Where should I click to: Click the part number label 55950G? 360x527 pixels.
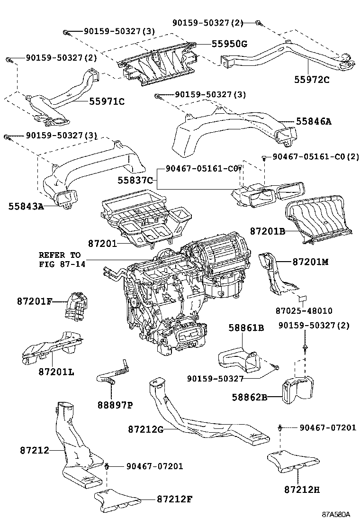click(230, 44)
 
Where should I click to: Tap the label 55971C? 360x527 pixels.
click(107, 101)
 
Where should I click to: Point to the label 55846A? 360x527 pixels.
click(314, 121)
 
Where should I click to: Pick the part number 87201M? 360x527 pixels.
click(310, 262)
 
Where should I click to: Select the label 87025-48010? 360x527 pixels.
click(304, 311)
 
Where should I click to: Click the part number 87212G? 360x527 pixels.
click(145, 429)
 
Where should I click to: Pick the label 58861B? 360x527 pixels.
click(246, 327)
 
